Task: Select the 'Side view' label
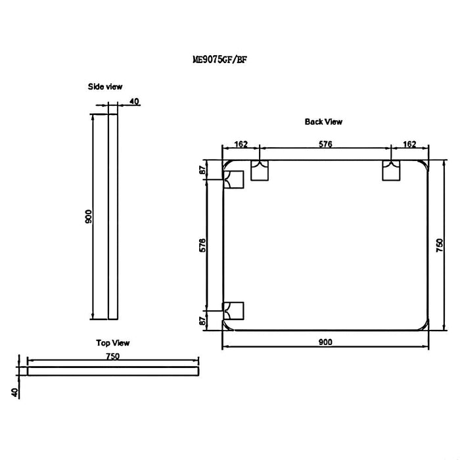pos(105,87)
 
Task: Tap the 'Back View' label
pos(323,122)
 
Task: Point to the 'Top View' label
pos(113,343)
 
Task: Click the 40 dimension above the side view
pos(134,101)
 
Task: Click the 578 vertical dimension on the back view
pos(203,244)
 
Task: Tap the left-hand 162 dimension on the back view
pos(241,144)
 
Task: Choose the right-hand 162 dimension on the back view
pos(409,144)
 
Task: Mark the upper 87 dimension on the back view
pos(203,170)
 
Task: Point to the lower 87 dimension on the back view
pos(203,320)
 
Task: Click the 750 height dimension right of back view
pos(440,244)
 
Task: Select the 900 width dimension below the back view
pos(325,342)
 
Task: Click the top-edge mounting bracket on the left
pos(261,170)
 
